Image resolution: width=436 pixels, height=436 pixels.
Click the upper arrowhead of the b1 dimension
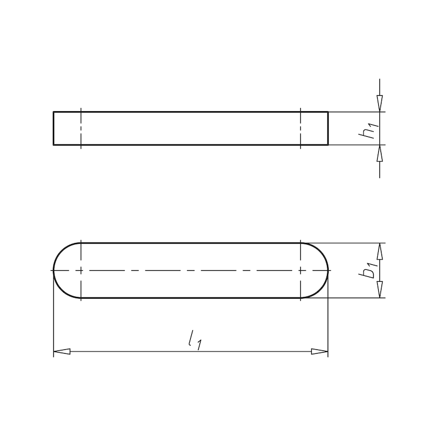[x=380, y=251]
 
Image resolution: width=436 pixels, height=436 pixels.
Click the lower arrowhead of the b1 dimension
[x=380, y=289]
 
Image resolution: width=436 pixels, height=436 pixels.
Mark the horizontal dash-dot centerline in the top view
[x=191, y=270]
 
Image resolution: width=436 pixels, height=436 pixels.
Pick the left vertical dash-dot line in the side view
[x=81, y=129]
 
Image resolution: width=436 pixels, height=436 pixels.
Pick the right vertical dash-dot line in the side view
[x=301, y=129]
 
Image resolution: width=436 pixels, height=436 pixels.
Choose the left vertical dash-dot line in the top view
[x=81, y=256]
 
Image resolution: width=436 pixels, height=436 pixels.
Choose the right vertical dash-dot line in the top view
[x=301, y=256]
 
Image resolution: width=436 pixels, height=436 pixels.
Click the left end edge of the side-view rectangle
[x=53, y=129]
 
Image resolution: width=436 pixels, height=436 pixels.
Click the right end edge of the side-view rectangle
[x=328, y=129]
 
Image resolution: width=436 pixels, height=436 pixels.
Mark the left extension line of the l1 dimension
[x=53, y=322]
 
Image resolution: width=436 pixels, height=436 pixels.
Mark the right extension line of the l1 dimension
[x=328, y=322]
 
